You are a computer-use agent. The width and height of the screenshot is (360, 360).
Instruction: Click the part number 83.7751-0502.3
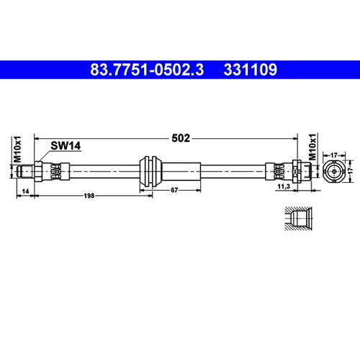[147, 70]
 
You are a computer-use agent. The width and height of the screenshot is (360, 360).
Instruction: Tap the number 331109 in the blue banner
[251, 70]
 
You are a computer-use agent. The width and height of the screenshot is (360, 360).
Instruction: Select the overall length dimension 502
[181, 138]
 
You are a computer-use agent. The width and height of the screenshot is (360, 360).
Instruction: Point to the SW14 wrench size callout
[66, 145]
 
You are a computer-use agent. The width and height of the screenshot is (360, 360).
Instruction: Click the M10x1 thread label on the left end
[17, 149]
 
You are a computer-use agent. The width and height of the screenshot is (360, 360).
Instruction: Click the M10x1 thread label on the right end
[312, 147]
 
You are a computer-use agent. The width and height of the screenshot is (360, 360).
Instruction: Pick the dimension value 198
[89, 196]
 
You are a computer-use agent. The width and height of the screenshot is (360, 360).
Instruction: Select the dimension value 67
[174, 190]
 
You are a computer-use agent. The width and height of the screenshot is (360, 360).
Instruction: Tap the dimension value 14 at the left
[25, 191]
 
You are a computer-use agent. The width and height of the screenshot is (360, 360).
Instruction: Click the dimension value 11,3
[284, 186]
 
